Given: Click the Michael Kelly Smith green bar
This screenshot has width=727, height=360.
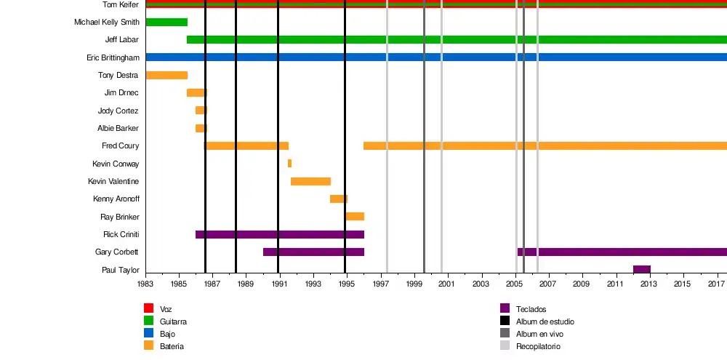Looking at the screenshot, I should pos(166,22).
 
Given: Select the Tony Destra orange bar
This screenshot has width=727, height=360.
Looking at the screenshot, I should pos(166,75).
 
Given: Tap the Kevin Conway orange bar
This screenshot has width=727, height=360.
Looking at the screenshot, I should pos(289,164).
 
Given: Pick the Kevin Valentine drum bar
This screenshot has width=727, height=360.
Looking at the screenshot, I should pos(310,181).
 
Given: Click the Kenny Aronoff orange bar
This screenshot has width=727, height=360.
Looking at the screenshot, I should pos(338,199).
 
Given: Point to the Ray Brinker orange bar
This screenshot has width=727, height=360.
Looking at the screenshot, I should pos(355,216).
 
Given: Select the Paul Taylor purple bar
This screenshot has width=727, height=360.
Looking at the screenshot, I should pos(641,270).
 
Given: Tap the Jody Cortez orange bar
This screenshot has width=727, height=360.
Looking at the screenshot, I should pos(201,111).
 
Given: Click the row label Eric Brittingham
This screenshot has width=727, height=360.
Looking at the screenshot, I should pos(113,57).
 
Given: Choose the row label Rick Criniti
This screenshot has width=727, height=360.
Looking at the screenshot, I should pos(121,234).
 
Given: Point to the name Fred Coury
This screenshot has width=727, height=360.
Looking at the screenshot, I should pos(120,146).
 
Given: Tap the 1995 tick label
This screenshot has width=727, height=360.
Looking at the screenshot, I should pos(346,284).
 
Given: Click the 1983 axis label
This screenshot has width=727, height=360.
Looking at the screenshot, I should pos(145,284).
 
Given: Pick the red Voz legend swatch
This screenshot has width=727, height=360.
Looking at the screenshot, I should pos(149,308).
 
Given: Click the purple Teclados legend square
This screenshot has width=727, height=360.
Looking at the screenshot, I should pos(505,308).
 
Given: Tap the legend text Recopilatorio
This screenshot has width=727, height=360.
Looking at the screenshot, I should pos(538,347).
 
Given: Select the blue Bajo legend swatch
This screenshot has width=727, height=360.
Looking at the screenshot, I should pos(149,334).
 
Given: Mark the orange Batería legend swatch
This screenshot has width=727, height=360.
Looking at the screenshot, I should pos(149,346).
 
